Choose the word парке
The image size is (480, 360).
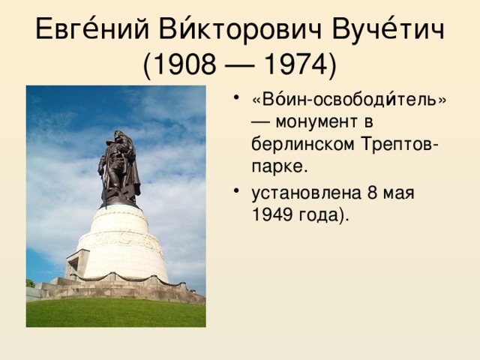[280, 163]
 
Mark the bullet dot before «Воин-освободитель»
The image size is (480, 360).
[237, 97]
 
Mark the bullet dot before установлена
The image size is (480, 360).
[237, 190]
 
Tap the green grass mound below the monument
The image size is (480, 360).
[115, 313]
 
